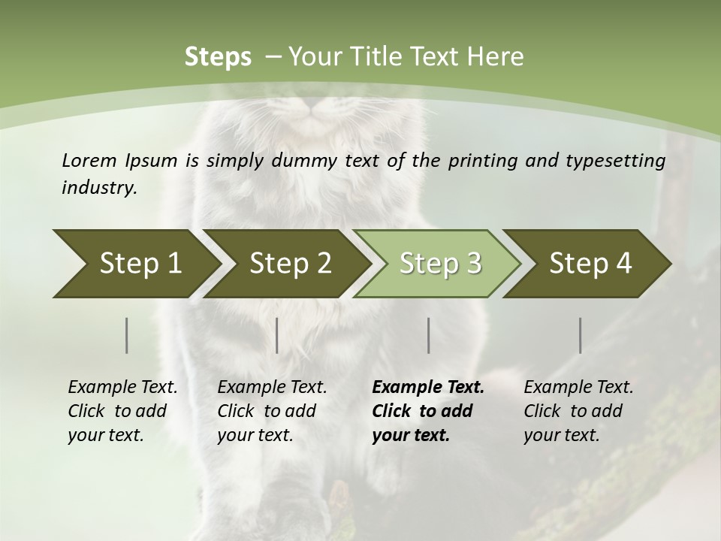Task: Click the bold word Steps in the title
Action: tap(218, 56)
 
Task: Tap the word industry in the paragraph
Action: tap(98, 187)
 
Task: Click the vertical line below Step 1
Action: tap(127, 335)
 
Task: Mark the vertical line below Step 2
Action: tap(277, 335)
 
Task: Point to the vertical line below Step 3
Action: tap(428, 335)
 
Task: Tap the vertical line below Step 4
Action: tap(581, 335)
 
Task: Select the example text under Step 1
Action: tap(122, 411)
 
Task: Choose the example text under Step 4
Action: tap(578, 411)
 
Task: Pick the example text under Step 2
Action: tap(272, 411)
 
